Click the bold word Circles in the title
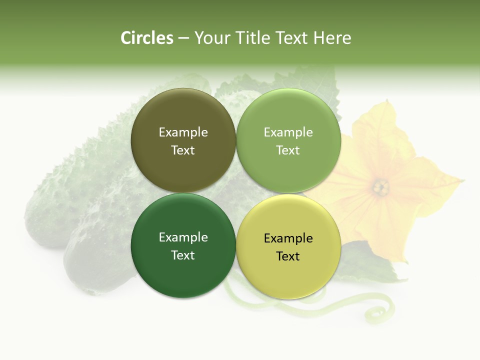coord(147,38)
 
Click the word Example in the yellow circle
coord(288,238)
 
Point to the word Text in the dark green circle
coord(183,255)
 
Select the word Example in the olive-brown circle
coord(183,132)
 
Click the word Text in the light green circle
coord(288,150)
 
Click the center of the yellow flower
coord(381,187)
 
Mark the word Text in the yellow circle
coord(288,256)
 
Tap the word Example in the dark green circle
coord(183,237)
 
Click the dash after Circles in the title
coord(183,38)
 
